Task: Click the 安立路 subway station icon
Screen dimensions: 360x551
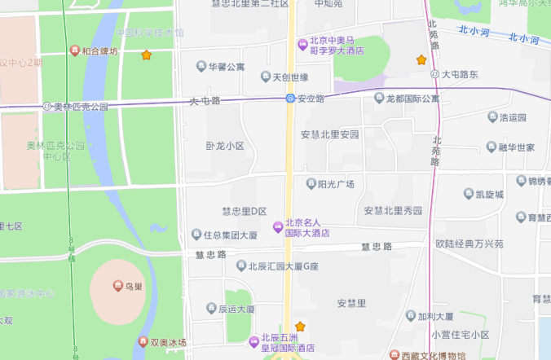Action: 290,99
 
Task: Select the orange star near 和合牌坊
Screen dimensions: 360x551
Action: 147,55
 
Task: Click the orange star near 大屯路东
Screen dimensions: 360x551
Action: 421,60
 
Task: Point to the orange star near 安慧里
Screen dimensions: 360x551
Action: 300,326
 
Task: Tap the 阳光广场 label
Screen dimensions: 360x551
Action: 335,184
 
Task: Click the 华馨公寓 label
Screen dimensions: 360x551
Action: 227,66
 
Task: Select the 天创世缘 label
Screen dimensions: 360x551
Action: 290,77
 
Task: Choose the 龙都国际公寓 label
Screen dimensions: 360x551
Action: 412,99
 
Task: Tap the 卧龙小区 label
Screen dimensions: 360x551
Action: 225,147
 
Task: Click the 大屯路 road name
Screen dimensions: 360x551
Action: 205,101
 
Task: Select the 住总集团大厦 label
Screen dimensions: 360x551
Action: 231,235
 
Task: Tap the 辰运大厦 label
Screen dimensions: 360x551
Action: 236,310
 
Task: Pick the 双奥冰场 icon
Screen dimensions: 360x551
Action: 144,342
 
